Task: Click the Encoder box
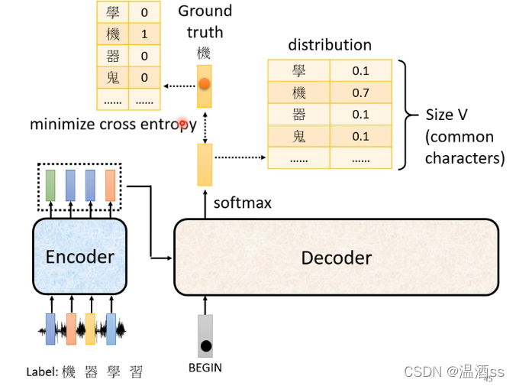pyautogui.click(x=79, y=257)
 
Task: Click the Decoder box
pyautogui.click(x=336, y=258)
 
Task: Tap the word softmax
pyautogui.click(x=242, y=203)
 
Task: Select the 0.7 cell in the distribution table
pyautogui.click(x=360, y=93)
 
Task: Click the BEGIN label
pyautogui.click(x=205, y=368)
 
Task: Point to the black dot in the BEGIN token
pyautogui.click(x=205, y=346)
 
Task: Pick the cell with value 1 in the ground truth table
pyautogui.click(x=144, y=34)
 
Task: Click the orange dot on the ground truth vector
pyautogui.click(x=205, y=84)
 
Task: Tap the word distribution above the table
pyautogui.click(x=330, y=45)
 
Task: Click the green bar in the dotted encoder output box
pyautogui.click(x=50, y=185)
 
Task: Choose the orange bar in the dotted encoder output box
pyautogui.click(x=110, y=185)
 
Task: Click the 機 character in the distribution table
pyautogui.click(x=298, y=93)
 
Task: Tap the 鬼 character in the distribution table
pyautogui.click(x=298, y=137)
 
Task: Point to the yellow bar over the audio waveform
pyautogui.click(x=90, y=329)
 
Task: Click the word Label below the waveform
pyautogui.click(x=42, y=372)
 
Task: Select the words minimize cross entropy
pyautogui.click(x=113, y=125)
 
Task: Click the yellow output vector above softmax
pyautogui.click(x=205, y=164)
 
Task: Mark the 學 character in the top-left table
pyautogui.click(x=113, y=12)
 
